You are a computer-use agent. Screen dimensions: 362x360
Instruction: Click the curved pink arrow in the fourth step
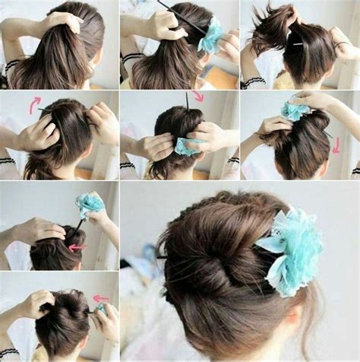pos(34,104)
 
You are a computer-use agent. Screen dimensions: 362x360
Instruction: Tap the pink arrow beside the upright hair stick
pos(198,97)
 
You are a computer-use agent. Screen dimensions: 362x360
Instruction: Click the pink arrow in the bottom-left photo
pos(100,298)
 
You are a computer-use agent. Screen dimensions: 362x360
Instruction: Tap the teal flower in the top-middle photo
pos(210,37)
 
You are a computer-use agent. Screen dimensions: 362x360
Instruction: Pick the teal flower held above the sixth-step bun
pos(295,111)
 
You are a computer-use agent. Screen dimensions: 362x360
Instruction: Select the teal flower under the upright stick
pos(186,147)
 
